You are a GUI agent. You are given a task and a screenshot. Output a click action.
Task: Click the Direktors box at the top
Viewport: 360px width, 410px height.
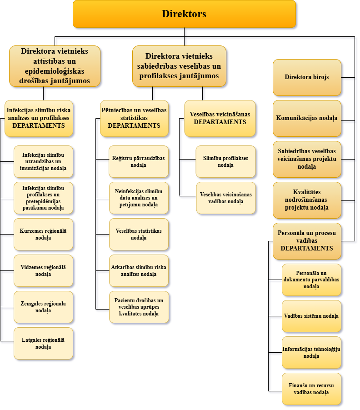(x=184, y=14)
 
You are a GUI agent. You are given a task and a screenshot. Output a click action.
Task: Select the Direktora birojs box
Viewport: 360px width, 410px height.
(x=307, y=77)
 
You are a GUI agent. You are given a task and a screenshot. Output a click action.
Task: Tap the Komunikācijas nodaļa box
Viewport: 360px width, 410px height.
(x=307, y=118)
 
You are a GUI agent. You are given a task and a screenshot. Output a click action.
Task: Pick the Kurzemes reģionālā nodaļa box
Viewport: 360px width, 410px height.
(x=43, y=234)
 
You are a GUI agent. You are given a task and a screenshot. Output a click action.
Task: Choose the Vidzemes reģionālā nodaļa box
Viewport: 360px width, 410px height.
(x=43, y=270)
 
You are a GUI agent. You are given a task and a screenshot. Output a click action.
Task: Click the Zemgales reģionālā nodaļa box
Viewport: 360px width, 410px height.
(x=43, y=307)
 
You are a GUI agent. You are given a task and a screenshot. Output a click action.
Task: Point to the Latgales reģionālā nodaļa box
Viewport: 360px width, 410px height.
(x=43, y=343)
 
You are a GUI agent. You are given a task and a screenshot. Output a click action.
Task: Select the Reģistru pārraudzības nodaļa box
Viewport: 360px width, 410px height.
(x=139, y=162)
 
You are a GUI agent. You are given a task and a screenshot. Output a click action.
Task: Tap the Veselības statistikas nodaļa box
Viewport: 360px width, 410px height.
(x=139, y=234)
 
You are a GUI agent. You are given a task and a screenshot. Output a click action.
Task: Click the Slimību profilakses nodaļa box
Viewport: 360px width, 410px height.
(x=225, y=162)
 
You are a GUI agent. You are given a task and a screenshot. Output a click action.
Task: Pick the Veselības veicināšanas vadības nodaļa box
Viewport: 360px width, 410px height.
(x=226, y=198)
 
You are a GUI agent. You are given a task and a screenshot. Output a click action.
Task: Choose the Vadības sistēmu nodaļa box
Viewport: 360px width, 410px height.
(x=311, y=316)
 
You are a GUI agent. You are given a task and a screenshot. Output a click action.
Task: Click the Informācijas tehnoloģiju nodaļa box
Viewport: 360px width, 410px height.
(x=311, y=352)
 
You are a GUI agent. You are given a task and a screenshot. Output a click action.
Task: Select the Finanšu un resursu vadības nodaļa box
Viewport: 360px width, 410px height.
(x=311, y=389)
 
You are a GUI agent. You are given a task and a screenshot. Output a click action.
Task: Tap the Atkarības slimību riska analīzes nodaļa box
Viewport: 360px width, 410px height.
(x=139, y=270)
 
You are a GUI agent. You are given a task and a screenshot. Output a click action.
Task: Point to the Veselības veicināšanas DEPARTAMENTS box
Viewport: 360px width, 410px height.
(x=220, y=118)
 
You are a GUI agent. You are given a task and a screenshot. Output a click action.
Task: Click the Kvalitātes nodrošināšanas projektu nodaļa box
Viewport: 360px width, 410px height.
(x=307, y=200)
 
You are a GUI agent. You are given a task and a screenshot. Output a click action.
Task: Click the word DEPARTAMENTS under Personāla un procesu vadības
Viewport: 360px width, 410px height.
(x=307, y=248)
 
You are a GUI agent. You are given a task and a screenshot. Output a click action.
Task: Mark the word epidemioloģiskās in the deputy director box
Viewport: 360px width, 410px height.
(x=55, y=71)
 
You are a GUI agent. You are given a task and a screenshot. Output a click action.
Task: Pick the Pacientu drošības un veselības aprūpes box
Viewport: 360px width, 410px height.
(x=139, y=307)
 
